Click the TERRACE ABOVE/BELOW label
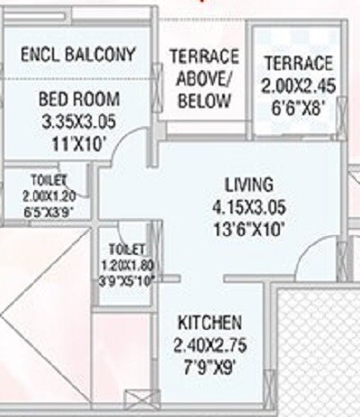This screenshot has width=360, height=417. click(x=203, y=78)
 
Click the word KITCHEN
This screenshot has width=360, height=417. click(x=208, y=322)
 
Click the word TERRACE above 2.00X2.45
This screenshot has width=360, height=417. click(x=298, y=64)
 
